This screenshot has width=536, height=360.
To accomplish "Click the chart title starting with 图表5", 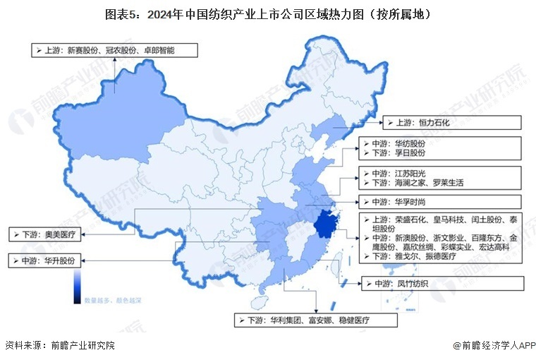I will click(x=267, y=13).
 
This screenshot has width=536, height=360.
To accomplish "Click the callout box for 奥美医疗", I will click(x=46, y=232).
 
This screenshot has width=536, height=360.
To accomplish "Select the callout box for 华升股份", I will click(x=46, y=260).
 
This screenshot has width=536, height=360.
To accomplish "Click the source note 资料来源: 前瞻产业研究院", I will click(x=60, y=346).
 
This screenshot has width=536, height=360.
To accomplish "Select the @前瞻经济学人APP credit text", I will click(x=494, y=346).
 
